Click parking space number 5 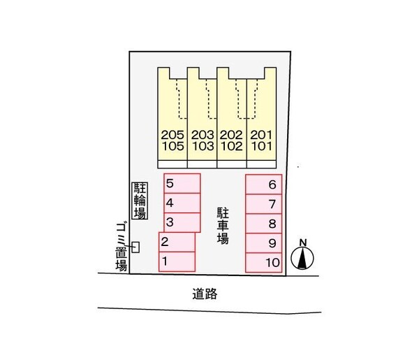[x=182, y=183]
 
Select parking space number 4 [x=182, y=203]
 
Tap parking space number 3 [x=182, y=222]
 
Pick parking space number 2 [x=177, y=242]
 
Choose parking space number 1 [x=177, y=261]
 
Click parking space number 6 [x=264, y=185]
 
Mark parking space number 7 [x=264, y=204]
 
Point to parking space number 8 [x=264, y=223]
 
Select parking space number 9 [x=264, y=243]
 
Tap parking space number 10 [x=264, y=263]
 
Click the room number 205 [x=172, y=135]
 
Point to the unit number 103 [x=203, y=146]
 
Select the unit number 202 [x=231, y=135]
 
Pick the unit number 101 [x=261, y=146]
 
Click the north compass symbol [x=302, y=255]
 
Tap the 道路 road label [x=205, y=294]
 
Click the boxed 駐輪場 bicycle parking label [x=140, y=201]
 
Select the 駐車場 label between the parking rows [x=223, y=226]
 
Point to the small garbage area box [x=136, y=247]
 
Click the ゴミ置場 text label [x=122, y=247]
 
